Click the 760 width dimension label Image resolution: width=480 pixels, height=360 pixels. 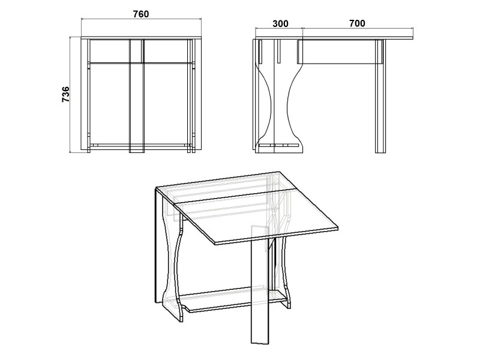tap(141, 14)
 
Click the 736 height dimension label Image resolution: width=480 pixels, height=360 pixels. tap(66, 95)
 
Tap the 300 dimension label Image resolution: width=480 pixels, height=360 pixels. tap(280, 23)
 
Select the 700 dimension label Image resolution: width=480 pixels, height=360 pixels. tap(357, 23)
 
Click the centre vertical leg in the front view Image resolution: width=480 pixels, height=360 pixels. tap(137, 95)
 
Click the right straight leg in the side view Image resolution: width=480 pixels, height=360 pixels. tap(380, 96)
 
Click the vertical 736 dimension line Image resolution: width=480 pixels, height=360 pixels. tap(71, 95)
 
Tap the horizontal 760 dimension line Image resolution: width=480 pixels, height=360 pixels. tap(141, 19)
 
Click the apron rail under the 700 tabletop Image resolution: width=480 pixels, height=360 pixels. tap(340, 52)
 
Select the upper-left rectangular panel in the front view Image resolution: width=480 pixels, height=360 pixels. tap(109, 51)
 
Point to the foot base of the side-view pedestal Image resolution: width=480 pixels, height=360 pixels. tap(279, 148)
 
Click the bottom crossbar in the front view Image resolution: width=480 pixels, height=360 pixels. tap(141, 146)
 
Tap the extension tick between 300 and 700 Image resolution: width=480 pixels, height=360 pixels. tap(302, 34)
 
